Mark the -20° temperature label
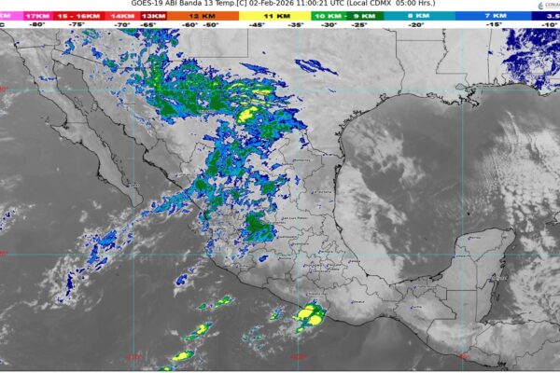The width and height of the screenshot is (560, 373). (416, 25)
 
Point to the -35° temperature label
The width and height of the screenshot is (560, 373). (297, 25)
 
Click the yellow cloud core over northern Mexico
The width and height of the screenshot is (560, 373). (247, 115)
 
